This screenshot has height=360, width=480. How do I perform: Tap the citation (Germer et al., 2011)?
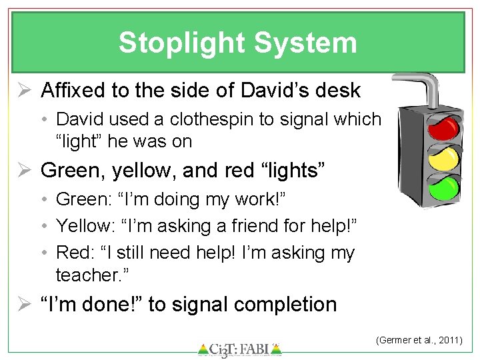pos(419,340)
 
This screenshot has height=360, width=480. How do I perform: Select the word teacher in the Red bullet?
pos(83,275)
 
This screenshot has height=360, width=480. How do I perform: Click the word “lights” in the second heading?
pos(290,170)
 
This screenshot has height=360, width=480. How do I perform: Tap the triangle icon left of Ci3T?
pos(203,349)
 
